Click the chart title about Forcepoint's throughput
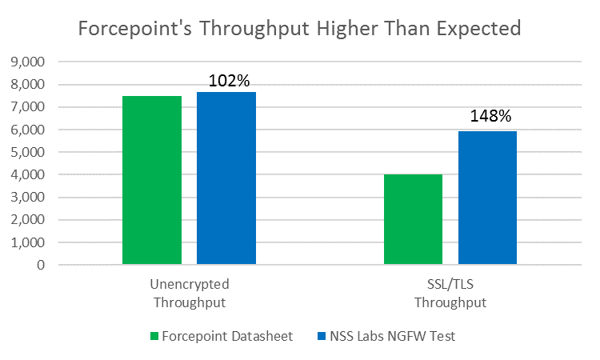click(x=299, y=30)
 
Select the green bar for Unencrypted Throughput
click(x=152, y=180)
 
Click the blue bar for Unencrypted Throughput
click(x=226, y=178)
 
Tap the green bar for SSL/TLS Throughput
click(x=413, y=219)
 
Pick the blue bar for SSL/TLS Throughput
click(x=487, y=198)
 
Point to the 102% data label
click(x=230, y=81)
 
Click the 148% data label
click(x=490, y=116)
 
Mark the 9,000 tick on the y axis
click(x=29, y=62)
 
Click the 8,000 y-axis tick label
click(x=29, y=84)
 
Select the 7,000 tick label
click(x=29, y=106)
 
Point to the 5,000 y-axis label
click(x=29, y=152)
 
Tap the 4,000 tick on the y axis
click(x=29, y=174)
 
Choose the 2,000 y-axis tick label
click(x=29, y=219)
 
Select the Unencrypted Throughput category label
click(x=189, y=293)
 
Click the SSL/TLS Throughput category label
click(x=450, y=293)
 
